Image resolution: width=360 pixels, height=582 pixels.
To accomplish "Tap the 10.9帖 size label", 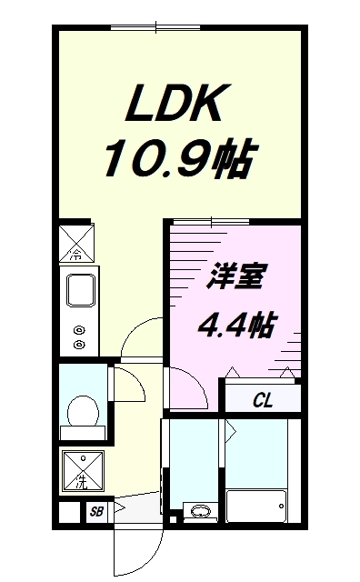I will coord(174,162).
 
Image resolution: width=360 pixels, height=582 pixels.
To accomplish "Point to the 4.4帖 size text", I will coord(237,324).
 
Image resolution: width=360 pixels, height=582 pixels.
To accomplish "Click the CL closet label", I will coord(263,398).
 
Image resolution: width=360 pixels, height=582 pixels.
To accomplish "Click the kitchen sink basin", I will coord(80,290).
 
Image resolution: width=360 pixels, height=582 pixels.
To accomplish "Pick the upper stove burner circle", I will coord(79,331).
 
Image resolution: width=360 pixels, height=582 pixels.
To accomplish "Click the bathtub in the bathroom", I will coord(255,506).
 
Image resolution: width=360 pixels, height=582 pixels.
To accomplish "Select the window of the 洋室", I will coord(211,221).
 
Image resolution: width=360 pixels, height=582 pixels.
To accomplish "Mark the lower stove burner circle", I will coord(79,345).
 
